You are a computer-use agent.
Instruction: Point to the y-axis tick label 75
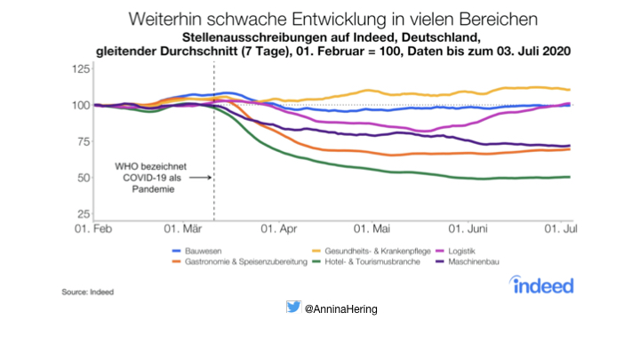coord(81,141)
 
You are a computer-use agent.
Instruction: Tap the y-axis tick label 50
coord(81,178)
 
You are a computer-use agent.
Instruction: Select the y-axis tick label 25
coord(81,214)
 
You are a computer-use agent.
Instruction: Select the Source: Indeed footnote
coord(88,291)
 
